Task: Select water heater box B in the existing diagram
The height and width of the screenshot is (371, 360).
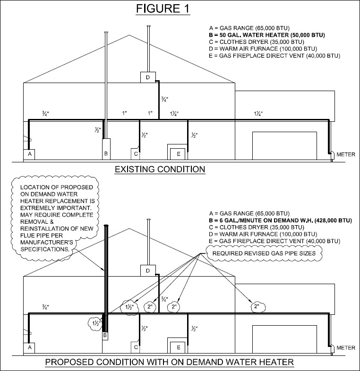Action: tap(106, 154)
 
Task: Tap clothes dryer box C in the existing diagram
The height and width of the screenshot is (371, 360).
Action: tap(136, 154)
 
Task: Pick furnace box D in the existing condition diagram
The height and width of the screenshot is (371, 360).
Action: tap(147, 77)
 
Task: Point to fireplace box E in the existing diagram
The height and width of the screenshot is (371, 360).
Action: tap(178, 154)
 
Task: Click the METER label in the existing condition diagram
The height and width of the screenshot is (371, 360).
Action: tap(346, 154)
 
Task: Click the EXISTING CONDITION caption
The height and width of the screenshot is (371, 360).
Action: tap(160, 169)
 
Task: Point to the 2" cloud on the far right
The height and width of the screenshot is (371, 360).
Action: tap(257, 306)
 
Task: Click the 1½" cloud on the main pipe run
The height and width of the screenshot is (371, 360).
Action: tap(129, 306)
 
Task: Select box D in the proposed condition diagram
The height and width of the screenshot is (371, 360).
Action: tap(147, 270)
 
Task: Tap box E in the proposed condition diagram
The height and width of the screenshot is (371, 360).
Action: tap(178, 347)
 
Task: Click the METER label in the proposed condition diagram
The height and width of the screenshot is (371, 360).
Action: tap(346, 348)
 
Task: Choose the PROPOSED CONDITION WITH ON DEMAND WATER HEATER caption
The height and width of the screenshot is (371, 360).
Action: tap(169, 363)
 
